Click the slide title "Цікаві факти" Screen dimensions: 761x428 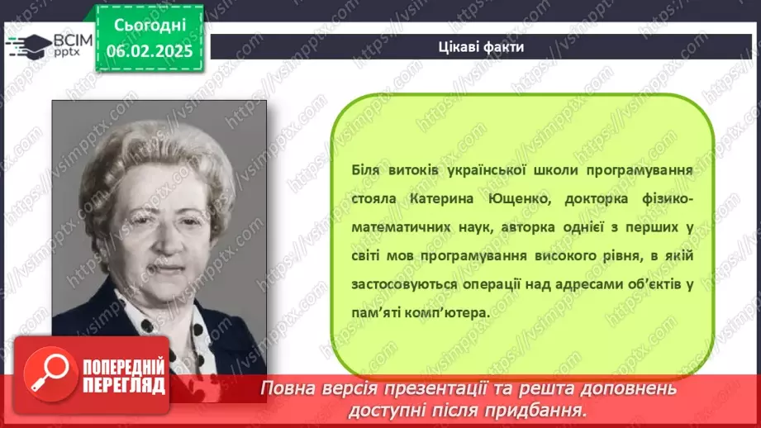point(481,47)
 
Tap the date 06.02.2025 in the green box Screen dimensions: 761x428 point(150,51)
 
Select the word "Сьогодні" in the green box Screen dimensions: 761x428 point(150,26)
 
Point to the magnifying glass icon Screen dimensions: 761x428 point(50,373)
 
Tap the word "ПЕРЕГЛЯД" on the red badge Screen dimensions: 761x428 point(124,385)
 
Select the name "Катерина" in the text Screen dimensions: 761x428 point(442,199)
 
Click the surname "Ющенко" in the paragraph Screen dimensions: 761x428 point(519,199)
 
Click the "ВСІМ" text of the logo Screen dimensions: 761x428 point(73,40)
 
